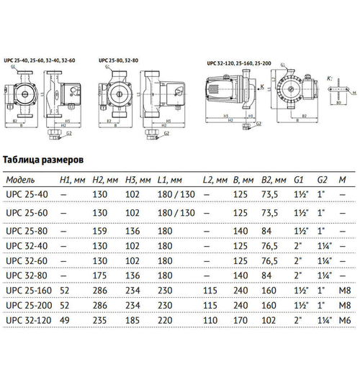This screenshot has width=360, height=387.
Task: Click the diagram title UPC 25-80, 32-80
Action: point(119,59)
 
